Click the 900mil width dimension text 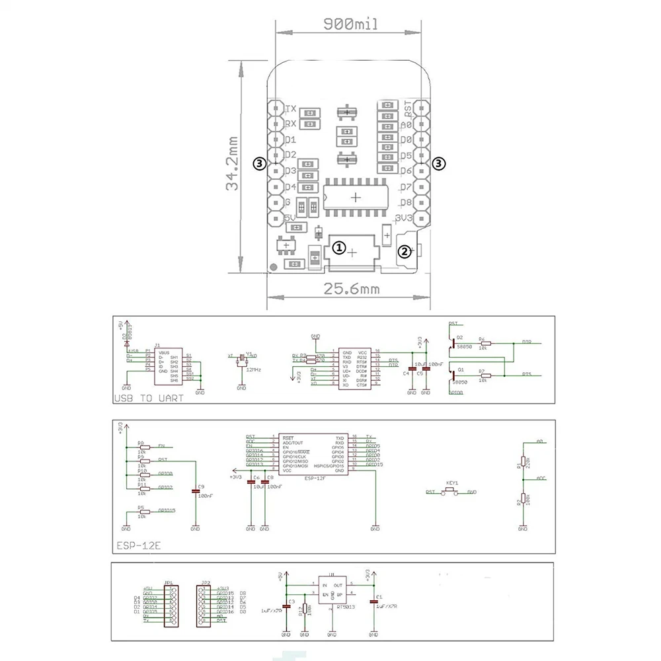tap(350, 24)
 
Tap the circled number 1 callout tap(338, 248)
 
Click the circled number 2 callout tap(403, 251)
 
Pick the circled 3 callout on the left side tap(261, 163)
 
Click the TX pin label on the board tap(290, 109)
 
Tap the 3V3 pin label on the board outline tap(403, 217)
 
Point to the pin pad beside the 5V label tap(275, 218)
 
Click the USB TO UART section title tap(149, 399)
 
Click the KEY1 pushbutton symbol tap(453, 491)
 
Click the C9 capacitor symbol tap(194, 490)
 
